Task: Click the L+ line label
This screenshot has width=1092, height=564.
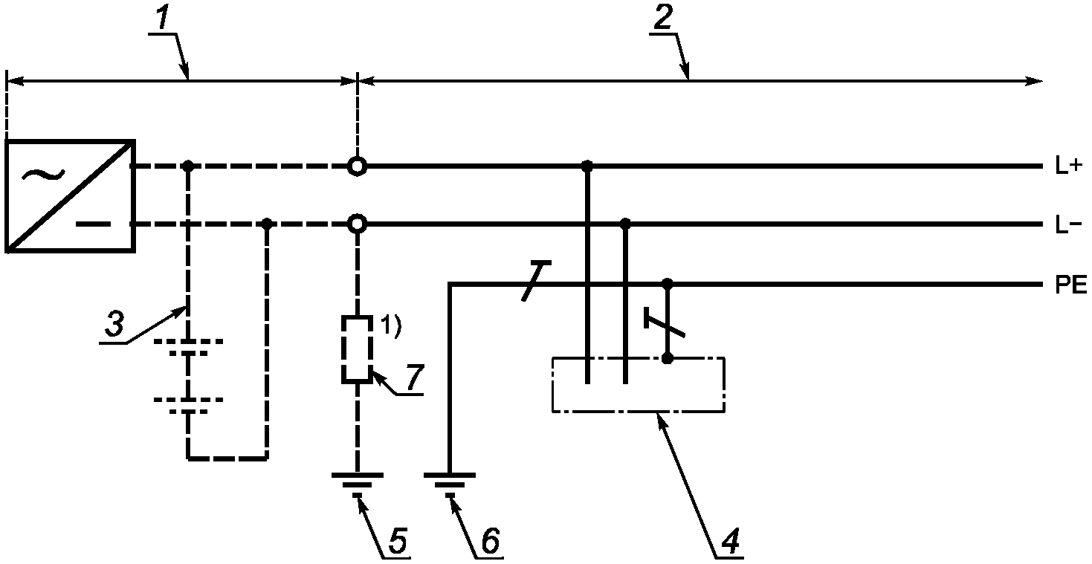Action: [x=1068, y=166]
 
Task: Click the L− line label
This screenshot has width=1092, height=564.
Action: [x=1068, y=225]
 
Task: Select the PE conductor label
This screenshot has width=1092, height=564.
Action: [x=1070, y=285]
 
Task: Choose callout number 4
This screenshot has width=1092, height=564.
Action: [x=729, y=539]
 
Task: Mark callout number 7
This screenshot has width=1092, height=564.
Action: [x=414, y=377]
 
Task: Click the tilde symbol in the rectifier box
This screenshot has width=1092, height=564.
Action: [x=44, y=175]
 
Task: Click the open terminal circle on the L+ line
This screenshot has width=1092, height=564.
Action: [x=357, y=166]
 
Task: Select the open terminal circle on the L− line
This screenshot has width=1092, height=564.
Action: [x=357, y=224]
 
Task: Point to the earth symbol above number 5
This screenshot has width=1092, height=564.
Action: [x=358, y=485]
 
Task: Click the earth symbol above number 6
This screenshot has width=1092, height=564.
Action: [x=450, y=485]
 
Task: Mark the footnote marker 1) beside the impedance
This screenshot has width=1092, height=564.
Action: [x=391, y=326]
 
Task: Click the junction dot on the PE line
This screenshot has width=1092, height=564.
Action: [x=668, y=284]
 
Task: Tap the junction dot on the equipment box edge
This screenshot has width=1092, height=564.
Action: [x=668, y=358]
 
